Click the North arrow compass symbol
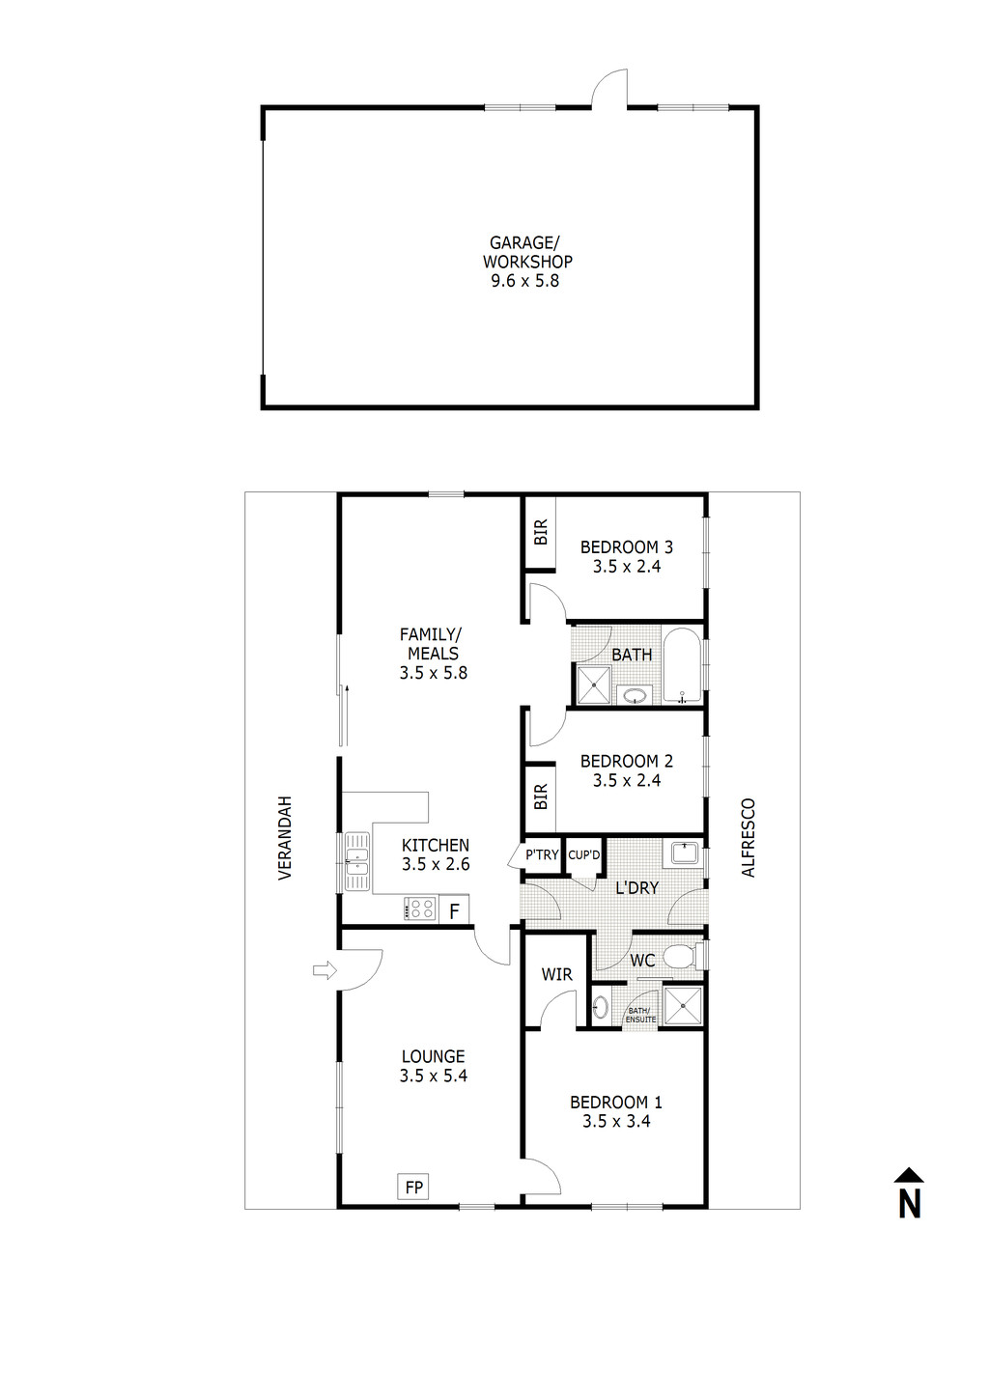pyautogui.click(x=909, y=1194)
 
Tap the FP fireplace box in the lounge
pyautogui.click(x=413, y=1187)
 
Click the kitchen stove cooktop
pyautogui.click(x=421, y=909)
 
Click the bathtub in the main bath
pyautogui.click(x=684, y=666)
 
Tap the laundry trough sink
pyautogui.click(x=685, y=853)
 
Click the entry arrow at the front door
pyautogui.click(x=324, y=969)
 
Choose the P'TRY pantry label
pyautogui.click(x=542, y=854)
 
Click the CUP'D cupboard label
pyautogui.click(x=583, y=854)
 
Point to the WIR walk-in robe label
pyautogui.click(x=556, y=974)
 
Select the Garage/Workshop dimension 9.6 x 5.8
pyautogui.click(x=525, y=281)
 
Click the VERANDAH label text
pyautogui.click(x=285, y=838)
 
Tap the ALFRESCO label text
pyautogui.click(x=749, y=838)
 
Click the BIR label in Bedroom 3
pyautogui.click(x=541, y=532)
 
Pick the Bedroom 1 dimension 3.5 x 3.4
pyautogui.click(x=616, y=1121)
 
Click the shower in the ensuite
pyautogui.click(x=685, y=1004)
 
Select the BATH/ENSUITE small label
pyautogui.click(x=640, y=1015)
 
